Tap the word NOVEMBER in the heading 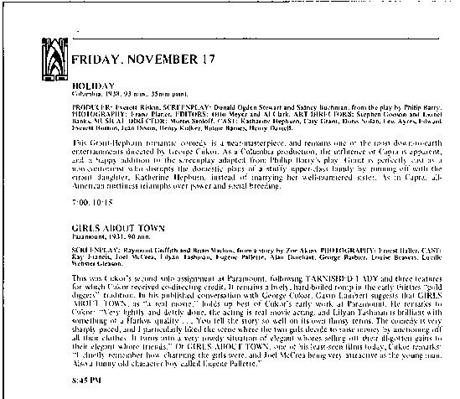click(x=165, y=60)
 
